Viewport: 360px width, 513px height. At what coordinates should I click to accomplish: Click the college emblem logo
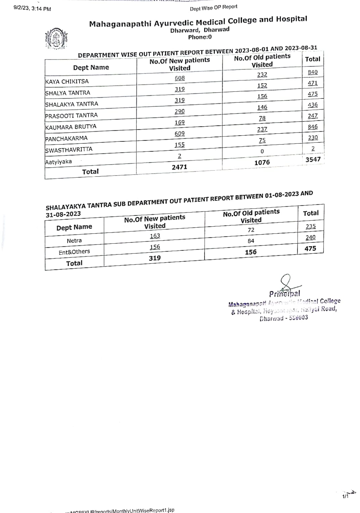pos(56,40)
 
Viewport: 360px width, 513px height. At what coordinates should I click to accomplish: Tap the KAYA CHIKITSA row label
pos(67,82)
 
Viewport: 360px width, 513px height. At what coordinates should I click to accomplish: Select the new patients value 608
pos(180,78)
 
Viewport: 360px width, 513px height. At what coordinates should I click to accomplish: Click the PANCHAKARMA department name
pos(66,138)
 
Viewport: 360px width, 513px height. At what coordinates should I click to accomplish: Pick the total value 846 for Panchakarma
pos(312,127)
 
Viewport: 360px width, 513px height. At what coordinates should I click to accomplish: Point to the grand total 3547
pos(313,159)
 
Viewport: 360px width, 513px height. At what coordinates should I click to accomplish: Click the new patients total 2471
pos(179,167)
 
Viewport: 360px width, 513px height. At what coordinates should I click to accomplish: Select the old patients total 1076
pos(262,162)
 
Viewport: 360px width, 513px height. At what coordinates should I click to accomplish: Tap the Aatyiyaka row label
pos(58,162)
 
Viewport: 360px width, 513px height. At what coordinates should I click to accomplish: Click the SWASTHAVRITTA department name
pos(69,150)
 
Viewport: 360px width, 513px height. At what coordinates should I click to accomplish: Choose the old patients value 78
pos(262,118)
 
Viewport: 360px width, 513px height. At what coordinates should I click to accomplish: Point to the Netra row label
pos(74,241)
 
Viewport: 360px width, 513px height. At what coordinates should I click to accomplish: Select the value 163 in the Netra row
pos(155,236)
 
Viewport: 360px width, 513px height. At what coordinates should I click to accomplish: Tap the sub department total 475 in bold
pos(310,248)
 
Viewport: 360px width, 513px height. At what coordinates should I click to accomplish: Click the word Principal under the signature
pos(285,294)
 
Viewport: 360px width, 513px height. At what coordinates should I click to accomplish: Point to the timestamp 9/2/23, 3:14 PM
pos(32,9)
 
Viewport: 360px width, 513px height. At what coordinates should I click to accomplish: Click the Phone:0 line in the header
pos(200,37)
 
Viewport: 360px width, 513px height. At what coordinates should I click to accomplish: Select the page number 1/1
pos(345,496)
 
